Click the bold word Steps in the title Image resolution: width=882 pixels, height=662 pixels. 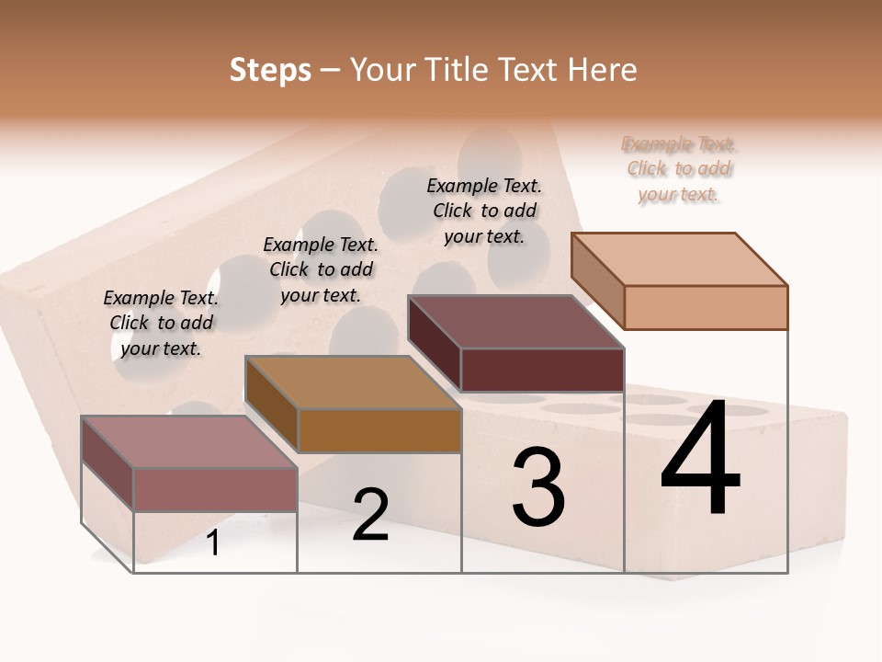270,70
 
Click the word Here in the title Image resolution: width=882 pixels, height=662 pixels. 603,70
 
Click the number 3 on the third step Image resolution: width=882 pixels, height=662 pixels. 538,487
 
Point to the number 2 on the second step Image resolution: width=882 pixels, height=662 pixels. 370,515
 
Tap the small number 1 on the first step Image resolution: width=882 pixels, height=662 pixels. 213,542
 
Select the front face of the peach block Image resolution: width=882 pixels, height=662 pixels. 706,307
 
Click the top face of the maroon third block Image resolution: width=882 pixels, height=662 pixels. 516,322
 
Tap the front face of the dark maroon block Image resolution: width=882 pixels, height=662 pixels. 542,370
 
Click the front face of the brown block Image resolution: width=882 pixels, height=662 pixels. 379,430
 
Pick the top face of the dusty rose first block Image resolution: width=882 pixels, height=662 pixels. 189,442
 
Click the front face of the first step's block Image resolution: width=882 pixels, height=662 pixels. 215,489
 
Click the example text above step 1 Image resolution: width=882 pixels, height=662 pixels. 161,323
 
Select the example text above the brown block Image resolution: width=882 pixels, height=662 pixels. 321,269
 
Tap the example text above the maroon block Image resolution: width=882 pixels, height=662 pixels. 484,211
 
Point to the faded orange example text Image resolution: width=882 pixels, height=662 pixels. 679,169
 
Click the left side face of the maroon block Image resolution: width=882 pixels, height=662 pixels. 434,342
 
